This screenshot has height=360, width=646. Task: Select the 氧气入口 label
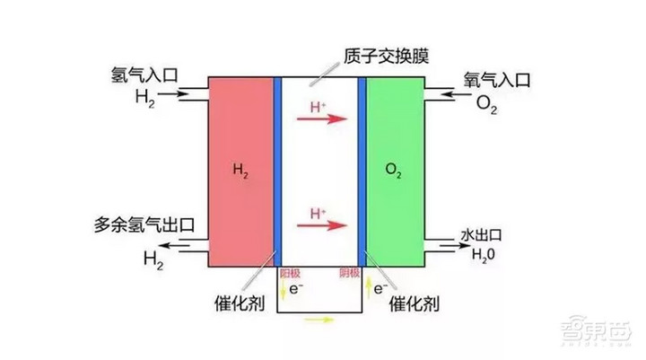[498, 80]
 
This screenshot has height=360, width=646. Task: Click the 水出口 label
[485, 235]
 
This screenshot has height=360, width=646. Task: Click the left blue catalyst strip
[278, 171]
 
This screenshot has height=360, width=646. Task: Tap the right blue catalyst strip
[362, 171]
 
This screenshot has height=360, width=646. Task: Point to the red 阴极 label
[350, 273]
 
